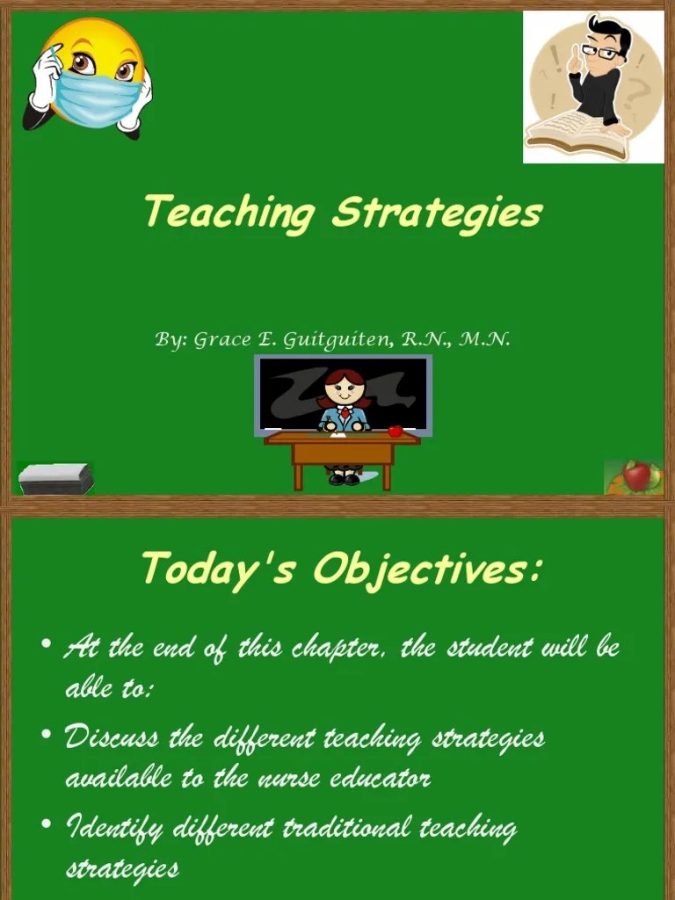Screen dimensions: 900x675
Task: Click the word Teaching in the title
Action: (229, 213)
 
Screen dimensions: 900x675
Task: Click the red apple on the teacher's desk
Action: (396, 431)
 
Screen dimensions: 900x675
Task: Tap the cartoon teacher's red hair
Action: (345, 378)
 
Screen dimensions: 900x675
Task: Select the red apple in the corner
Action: (636, 476)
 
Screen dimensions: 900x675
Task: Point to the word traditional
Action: (348, 828)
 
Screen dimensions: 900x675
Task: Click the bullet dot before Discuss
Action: (47, 735)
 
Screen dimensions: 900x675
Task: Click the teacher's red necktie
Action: (345, 411)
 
